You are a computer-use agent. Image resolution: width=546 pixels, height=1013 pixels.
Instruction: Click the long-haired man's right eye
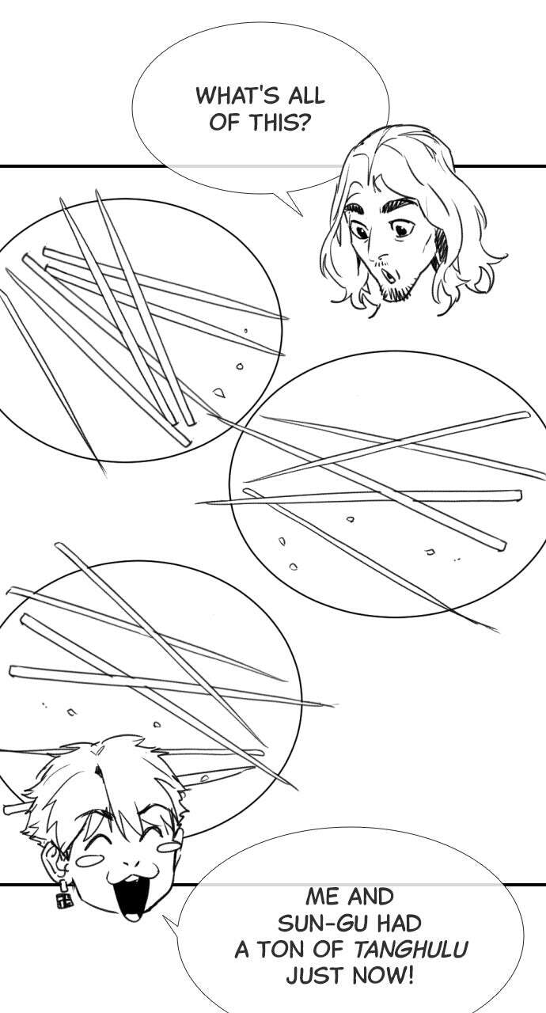point(401,230)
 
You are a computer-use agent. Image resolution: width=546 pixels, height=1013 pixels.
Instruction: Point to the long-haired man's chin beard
point(397,292)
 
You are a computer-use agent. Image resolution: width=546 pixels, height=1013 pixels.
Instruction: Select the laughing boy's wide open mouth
point(131,901)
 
